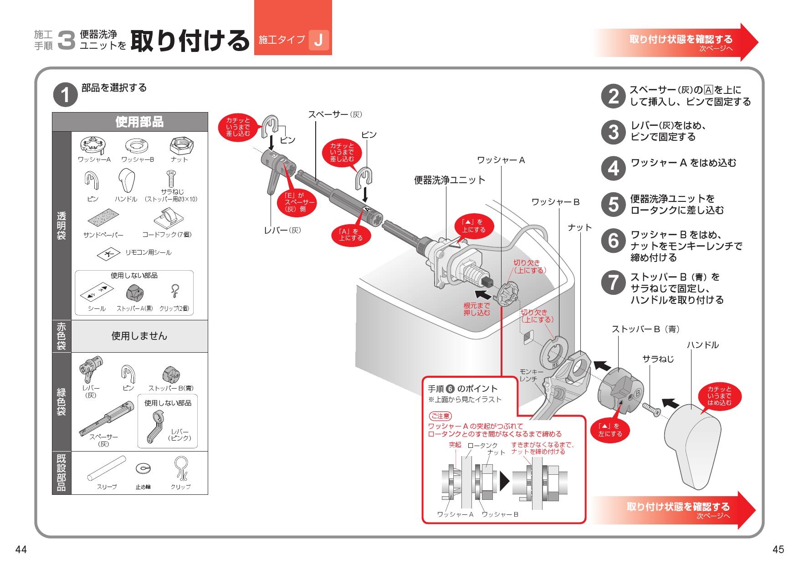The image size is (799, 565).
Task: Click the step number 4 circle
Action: tap(614, 168)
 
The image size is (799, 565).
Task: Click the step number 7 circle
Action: tap(614, 282)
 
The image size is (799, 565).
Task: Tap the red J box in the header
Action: tap(318, 40)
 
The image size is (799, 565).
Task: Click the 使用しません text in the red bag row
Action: tap(139, 336)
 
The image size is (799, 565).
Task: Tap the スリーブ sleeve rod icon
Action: tap(107, 468)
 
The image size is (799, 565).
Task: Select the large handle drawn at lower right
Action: tap(692, 442)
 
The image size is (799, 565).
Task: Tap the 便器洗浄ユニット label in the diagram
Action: tap(449, 180)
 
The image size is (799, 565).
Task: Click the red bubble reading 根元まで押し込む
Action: tap(476, 309)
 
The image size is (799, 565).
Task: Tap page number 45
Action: tap(778, 550)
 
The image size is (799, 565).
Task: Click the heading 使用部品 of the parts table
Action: tap(139, 122)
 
